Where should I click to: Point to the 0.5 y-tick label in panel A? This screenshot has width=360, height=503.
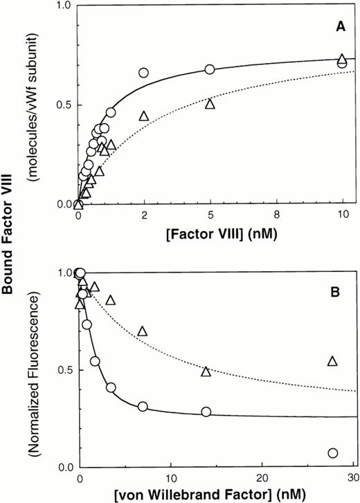click(64, 105)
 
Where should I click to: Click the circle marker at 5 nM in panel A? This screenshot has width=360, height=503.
click(210, 69)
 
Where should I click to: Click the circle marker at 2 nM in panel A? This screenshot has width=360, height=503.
click(144, 73)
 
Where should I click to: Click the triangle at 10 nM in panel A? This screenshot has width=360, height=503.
click(341, 59)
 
